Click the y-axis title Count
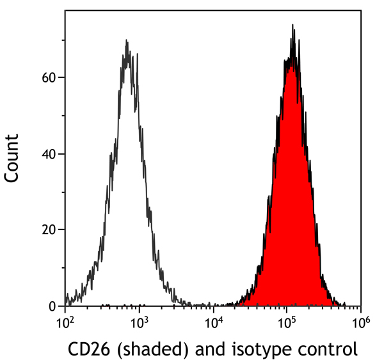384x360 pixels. click(13, 159)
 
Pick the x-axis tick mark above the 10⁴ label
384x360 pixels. click(213, 309)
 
